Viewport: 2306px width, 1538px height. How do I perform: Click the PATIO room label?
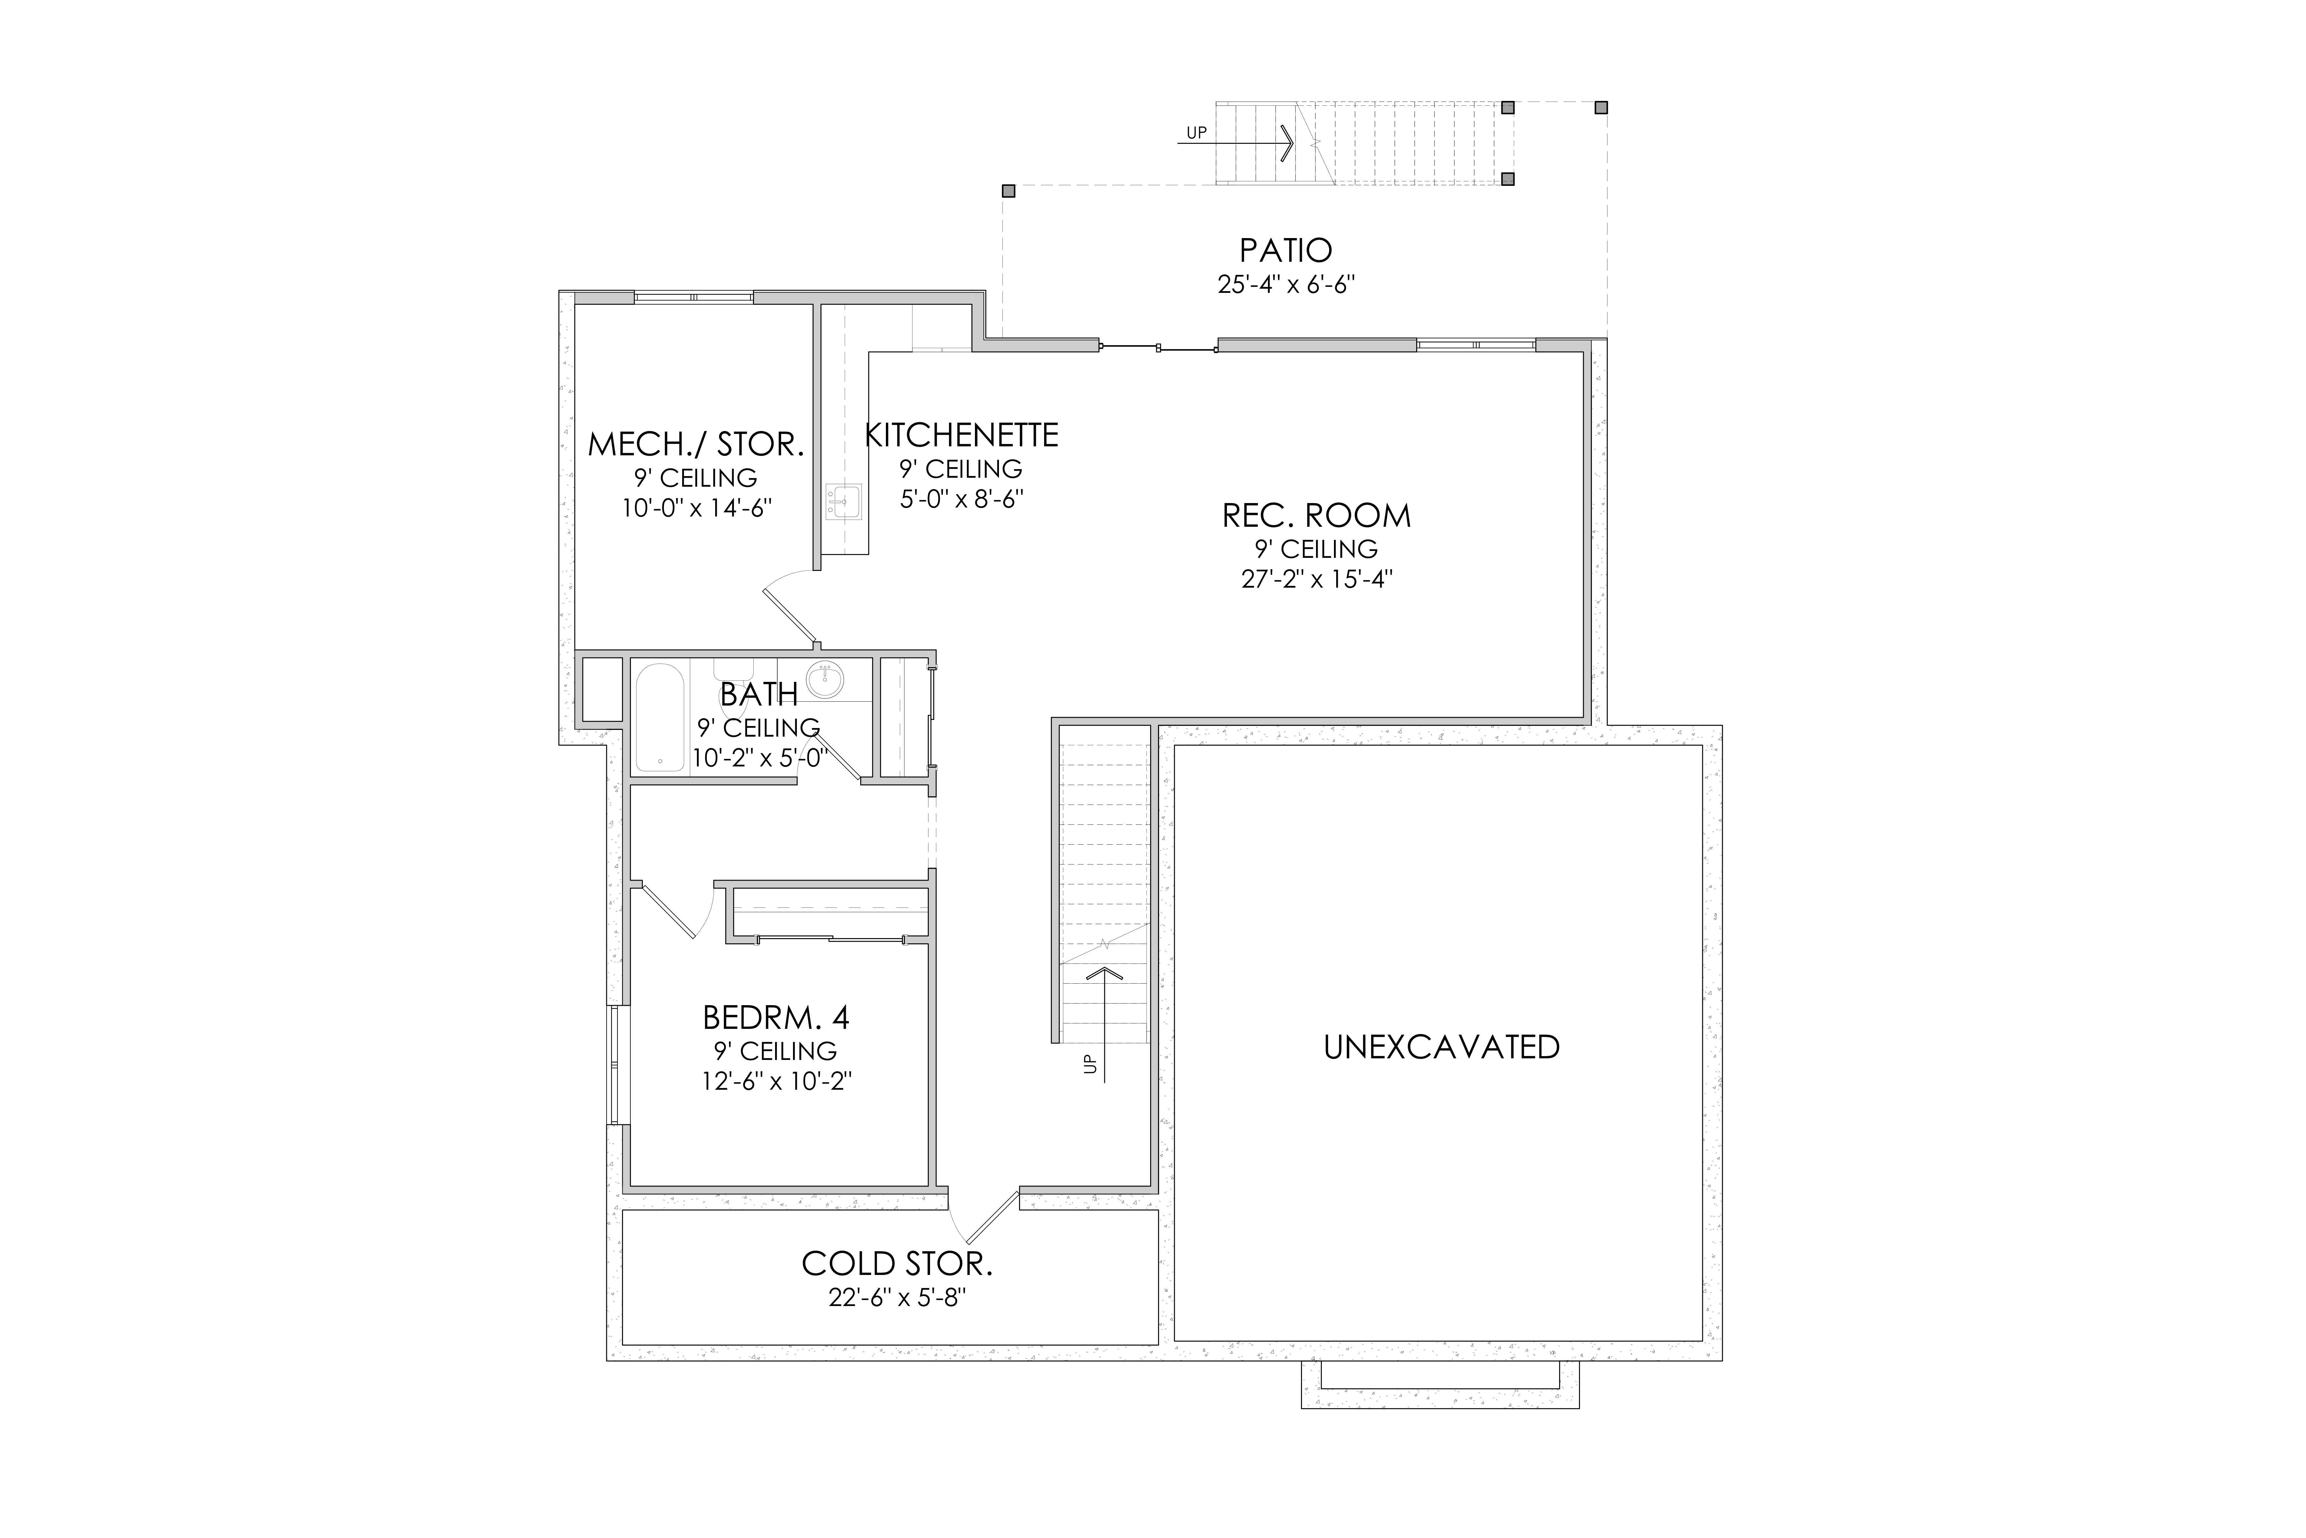pos(1285,250)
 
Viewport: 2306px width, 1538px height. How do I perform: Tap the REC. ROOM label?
pos(1317,516)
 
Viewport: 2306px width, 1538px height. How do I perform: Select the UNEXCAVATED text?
pos(1441,1047)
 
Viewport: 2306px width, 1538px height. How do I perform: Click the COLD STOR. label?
pos(897,1263)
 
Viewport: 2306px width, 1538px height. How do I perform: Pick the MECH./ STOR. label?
pos(696,444)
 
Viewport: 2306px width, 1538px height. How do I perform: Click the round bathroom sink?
pos(824,680)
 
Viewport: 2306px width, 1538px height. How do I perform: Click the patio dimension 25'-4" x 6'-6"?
pos(1285,285)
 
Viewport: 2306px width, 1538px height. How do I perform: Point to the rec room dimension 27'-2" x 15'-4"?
pos(1317,579)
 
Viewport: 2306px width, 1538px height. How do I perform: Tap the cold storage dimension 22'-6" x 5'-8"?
pos(897,1298)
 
